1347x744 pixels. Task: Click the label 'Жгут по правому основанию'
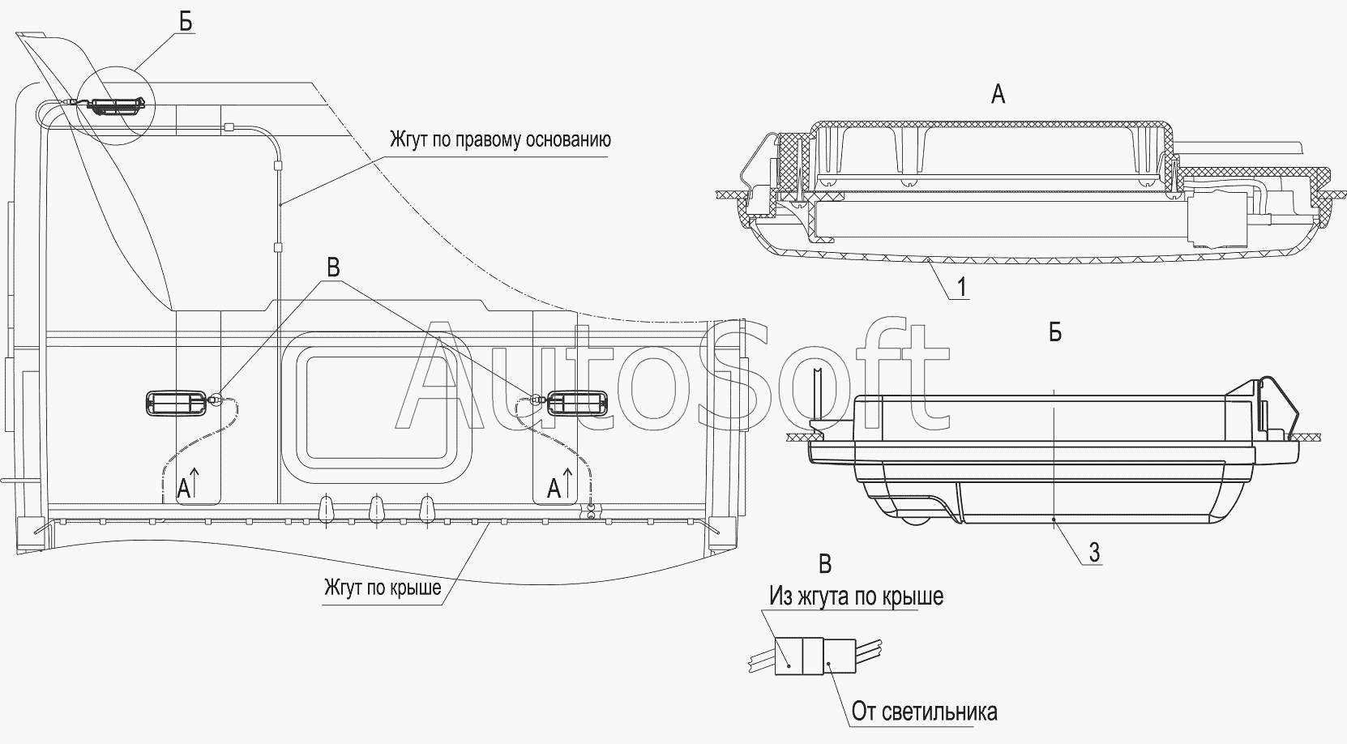pos(500,139)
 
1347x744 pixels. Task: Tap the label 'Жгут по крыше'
pos(383,587)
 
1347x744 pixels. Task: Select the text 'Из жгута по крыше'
pos(857,596)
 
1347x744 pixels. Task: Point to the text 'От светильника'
pos(924,712)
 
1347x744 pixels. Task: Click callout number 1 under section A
pos(961,287)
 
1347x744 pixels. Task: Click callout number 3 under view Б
pos(1094,552)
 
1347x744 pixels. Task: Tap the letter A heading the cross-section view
pos(998,95)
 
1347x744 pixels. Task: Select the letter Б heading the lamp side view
pos(1054,332)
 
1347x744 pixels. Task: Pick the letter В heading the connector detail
pos(825,564)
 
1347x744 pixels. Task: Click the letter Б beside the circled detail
pos(186,22)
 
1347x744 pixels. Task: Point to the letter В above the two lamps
pos(332,267)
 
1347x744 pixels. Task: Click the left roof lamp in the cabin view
pos(177,403)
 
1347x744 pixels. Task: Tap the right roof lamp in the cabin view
pos(577,403)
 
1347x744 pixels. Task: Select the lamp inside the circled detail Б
pos(118,106)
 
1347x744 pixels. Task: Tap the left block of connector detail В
pos(789,656)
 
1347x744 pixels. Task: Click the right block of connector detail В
pos(840,656)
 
